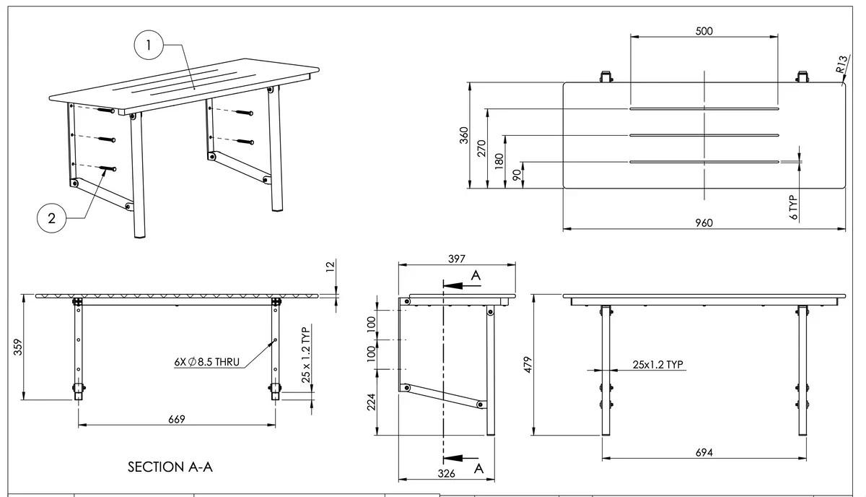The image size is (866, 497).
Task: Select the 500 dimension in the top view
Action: click(x=704, y=30)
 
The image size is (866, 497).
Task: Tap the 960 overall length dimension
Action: click(x=704, y=222)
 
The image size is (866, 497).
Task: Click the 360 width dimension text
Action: click(x=465, y=135)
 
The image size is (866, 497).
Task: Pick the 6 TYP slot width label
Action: click(x=794, y=206)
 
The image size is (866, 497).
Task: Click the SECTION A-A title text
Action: click(x=170, y=467)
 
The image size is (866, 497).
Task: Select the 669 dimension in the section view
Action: click(x=176, y=419)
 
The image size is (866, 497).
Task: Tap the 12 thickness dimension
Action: click(x=331, y=267)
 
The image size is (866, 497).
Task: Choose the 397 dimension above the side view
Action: click(x=456, y=259)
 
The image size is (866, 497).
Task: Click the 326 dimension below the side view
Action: click(x=447, y=474)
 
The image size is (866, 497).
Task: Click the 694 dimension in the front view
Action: click(x=704, y=452)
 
